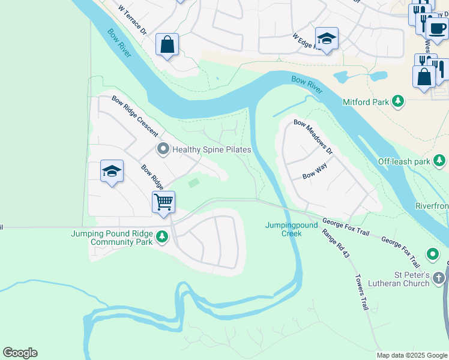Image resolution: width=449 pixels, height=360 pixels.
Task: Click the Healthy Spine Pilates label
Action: (x=211, y=149)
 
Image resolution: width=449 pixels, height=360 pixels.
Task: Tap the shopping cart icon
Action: (x=163, y=202)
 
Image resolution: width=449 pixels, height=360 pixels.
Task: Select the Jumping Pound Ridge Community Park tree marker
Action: (x=161, y=238)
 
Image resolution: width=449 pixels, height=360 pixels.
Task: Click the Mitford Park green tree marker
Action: (x=397, y=102)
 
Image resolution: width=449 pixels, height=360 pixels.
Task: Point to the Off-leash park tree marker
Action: (x=440, y=161)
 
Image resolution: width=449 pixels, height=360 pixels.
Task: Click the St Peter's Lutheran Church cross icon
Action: (x=439, y=278)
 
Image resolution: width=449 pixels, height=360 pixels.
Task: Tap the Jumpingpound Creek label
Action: (x=283, y=229)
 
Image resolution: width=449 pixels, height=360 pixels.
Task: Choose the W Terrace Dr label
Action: (x=133, y=20)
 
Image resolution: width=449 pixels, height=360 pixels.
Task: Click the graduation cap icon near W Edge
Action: (x=327, y=38)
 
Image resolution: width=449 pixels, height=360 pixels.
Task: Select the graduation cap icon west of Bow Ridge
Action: (x=112, y=172)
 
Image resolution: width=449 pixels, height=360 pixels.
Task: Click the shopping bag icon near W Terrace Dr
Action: (x=167, y=44)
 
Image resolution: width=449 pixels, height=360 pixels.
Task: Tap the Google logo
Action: (x=20, y=353)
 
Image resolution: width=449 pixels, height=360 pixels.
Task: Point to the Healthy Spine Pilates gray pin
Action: (x=162, y=149)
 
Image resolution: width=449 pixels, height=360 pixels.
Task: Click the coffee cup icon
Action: (x=437, y=27)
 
